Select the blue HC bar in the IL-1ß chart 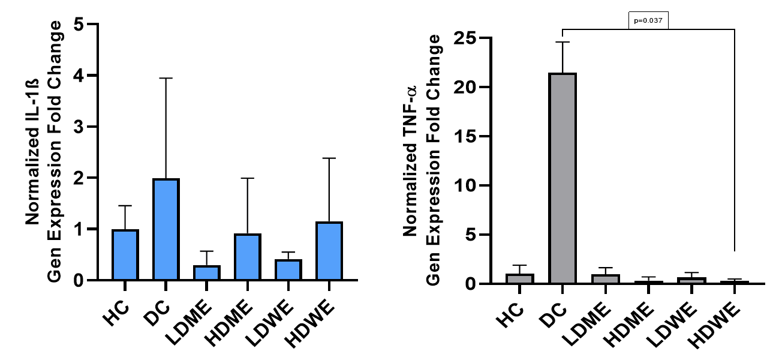[125, 255]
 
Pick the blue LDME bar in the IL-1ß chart [206, 272]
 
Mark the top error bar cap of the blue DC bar [166, 78]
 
